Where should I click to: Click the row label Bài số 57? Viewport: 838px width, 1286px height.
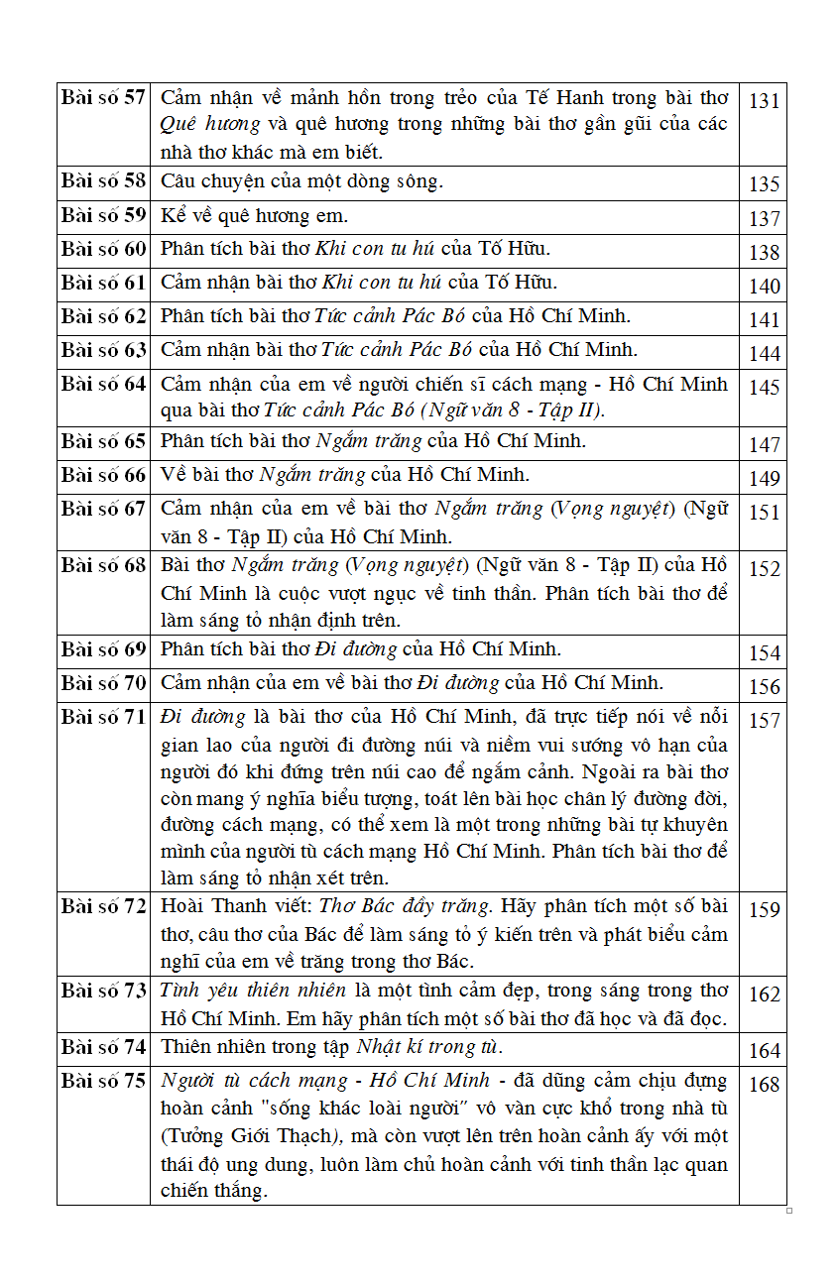[103, 97]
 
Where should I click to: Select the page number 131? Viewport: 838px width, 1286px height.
[764, 101]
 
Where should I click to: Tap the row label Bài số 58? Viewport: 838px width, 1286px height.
[103, 180]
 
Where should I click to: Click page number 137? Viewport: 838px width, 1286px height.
[764, 219]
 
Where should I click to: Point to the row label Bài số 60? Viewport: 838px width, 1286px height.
[103, 249]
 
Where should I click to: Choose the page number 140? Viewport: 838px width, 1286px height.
[764, 287]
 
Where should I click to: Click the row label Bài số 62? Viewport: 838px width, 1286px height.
[103, 316]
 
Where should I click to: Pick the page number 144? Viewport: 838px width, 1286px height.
[764, 354]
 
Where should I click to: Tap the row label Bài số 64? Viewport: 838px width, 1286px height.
[103, 384]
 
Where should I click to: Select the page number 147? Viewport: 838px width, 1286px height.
[764, 445]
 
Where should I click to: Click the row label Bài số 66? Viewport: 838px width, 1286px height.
[103, 475]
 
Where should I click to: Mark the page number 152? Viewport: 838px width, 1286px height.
[764, 569]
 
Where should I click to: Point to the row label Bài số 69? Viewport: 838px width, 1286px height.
[103, 649]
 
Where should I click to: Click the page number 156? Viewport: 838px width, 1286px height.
[764, 687]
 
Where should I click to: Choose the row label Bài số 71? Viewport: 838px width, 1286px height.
[103, 717]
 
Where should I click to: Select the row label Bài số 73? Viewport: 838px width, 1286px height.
[103, 991]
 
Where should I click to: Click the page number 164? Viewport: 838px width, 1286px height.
[764, 1051]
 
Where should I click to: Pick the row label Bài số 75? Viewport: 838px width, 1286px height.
[103, 1081]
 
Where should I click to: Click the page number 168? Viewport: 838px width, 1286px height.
[764, 1085]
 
